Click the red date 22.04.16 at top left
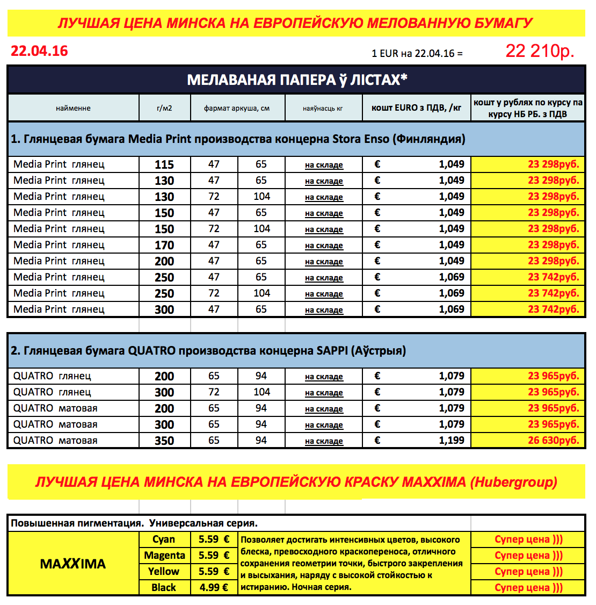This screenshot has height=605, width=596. pos(39,51)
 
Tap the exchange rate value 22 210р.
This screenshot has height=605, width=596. pos(539,51)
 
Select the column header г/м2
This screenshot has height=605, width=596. pos(164,108)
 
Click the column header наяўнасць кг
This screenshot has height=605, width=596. pos(323,108)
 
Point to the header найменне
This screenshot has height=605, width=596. pos(73,108)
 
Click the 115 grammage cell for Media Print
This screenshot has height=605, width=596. pos(164,164)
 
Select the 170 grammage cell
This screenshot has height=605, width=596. pos(164,245)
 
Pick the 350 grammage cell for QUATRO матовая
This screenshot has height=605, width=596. pos(164,441)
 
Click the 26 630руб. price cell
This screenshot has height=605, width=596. pos(553,441)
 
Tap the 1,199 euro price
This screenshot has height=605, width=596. pos(452,441)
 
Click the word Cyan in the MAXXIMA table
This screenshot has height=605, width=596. pos(164,539)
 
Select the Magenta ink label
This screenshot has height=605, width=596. pos(164,556)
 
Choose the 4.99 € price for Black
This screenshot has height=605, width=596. pos(214,588)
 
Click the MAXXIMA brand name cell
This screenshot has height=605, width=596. pos(73,564)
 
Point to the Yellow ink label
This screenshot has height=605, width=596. pos(164,572)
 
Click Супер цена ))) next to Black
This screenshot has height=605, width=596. pos(528,588)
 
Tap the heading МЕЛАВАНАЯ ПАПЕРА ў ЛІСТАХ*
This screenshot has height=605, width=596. pos(297,80)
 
